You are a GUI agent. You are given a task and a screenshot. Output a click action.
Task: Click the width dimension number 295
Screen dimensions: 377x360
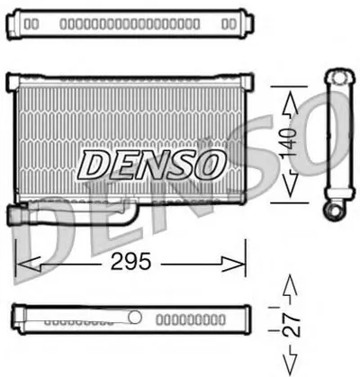pos(130,263)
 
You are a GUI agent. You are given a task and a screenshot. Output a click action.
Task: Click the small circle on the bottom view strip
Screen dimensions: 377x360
pos(134,317)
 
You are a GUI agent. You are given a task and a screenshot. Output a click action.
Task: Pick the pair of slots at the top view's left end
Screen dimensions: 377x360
pos(31,21)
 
